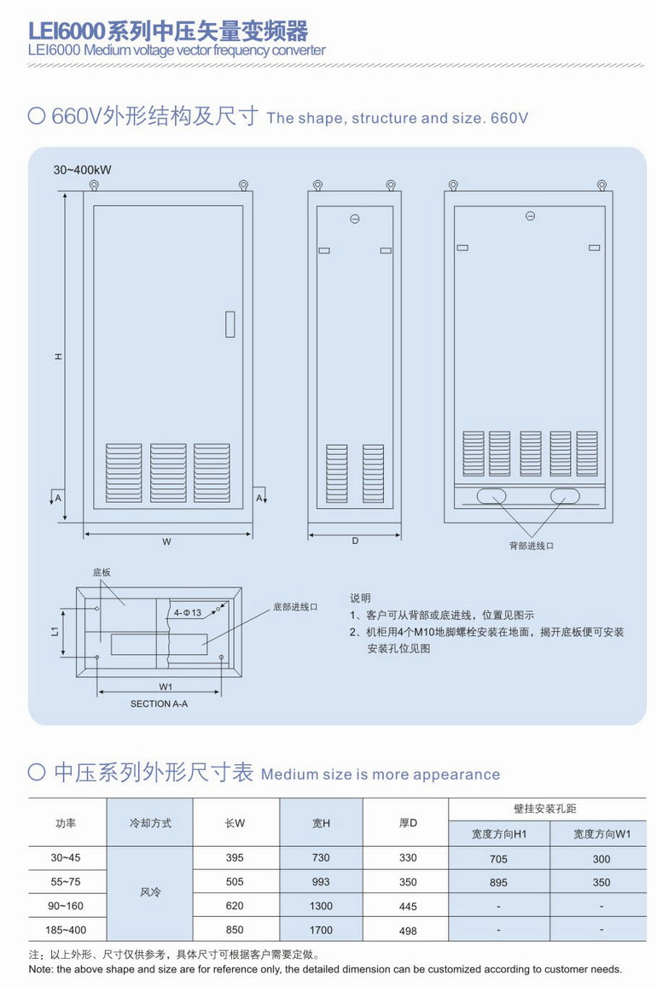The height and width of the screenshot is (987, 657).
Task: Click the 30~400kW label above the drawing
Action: [82, 170]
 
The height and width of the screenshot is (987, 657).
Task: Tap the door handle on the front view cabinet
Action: [230, 324]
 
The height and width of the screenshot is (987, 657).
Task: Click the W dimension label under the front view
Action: [167, 542]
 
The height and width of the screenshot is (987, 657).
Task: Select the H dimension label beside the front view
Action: [58, 356]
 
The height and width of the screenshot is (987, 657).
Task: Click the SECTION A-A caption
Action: [159, 704]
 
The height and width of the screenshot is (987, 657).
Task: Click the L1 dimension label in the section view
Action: [54, 632]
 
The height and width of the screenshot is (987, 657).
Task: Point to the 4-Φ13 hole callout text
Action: [187, 613]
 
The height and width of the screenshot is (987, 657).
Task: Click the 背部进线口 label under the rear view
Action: [531, 546]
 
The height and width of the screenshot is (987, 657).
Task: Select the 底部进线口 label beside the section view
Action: [295, 607]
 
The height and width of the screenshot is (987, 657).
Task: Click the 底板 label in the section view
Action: [102, 574]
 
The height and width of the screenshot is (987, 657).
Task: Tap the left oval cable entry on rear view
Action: [490, 495]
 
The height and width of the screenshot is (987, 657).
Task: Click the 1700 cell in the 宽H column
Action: [322, 930]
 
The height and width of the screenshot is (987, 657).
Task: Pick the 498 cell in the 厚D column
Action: [408, 931]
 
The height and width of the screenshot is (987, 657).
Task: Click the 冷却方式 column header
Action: [150, 823]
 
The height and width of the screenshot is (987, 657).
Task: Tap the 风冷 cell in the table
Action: [150, 893]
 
